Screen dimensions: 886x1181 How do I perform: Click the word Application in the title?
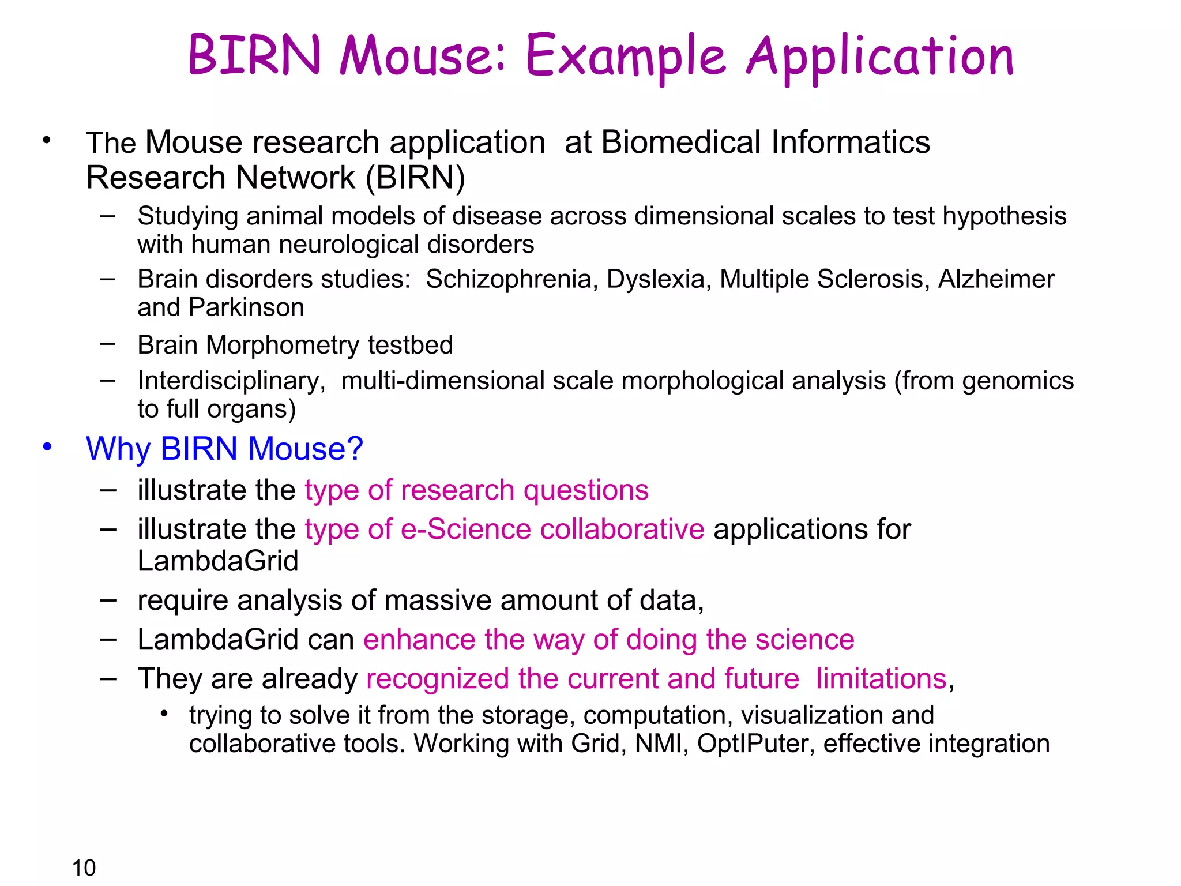(x=880, y=58)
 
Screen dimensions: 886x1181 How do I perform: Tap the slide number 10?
(x=84, y=868)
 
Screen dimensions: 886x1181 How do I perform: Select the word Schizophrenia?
(x=508, y=280)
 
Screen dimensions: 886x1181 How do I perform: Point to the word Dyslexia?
(x=656, y=280)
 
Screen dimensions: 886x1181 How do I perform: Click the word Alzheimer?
(x=996, y=280)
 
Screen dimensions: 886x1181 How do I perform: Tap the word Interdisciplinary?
(x=231, y=381)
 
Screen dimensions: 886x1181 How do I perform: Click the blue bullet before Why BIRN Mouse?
(x=47, y=446)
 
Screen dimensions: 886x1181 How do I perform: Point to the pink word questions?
(x=586, y=491)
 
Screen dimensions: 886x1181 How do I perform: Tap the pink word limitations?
(x=881, y=679)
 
